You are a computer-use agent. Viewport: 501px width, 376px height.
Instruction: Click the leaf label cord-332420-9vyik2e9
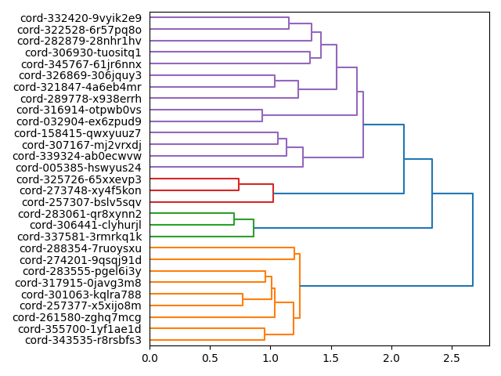[x=81, y=18]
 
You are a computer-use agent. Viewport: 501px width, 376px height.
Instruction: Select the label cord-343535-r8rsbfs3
[x=83, y=340]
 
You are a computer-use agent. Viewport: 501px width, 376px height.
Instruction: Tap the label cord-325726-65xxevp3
[x=81, y=179]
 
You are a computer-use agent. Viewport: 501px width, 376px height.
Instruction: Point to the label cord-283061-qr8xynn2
[x=80, y=214]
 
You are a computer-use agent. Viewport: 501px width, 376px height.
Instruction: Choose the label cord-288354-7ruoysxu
[x=81, y=248]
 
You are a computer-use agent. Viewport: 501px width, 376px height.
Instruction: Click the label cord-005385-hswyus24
[x=81, y=168]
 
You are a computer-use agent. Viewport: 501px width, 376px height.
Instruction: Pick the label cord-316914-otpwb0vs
[x=81, y=110]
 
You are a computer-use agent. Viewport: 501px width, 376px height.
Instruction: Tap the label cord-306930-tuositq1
[x=84, y=52]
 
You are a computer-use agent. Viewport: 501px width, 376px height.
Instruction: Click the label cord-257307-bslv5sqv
[x=81, y=202]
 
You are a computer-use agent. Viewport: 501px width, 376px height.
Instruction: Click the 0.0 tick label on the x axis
[x=150, y=359]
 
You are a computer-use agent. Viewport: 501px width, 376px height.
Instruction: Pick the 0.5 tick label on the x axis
[x=210, y=359]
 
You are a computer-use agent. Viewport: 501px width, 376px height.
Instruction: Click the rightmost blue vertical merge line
[x=473, y=240]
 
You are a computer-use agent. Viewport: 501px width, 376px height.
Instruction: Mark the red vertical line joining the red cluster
[x=273, y=193]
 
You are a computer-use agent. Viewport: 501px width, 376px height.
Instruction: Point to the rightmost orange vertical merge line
[x=300, y=286]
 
